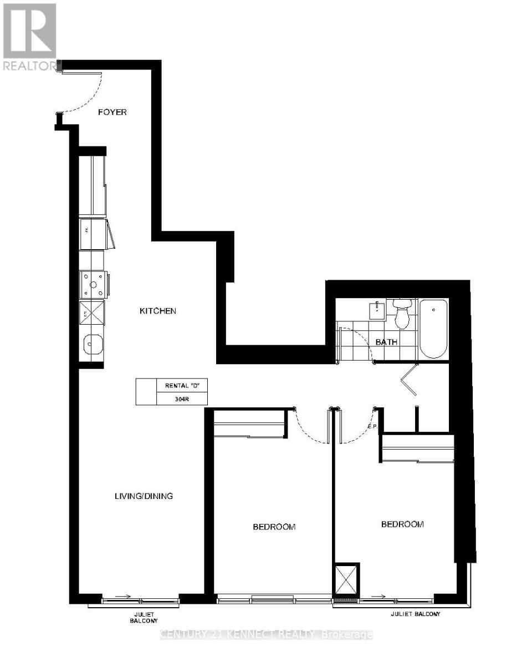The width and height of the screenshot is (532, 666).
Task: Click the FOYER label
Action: (x=112, y=112)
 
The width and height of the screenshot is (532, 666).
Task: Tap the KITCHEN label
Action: (x=157, y=311)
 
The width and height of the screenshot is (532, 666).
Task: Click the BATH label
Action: (x=386, y=342)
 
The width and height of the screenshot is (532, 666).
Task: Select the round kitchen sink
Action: (x=91, y=345)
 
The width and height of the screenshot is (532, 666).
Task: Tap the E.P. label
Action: (x=372, y=427)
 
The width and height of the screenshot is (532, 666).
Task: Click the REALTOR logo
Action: (x=29, y=37)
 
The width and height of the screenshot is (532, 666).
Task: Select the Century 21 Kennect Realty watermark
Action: (x=266, y=634)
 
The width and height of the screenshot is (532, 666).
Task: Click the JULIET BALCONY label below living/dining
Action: (x=142, y=617)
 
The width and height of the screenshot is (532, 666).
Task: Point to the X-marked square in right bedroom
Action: (x=346, y=580)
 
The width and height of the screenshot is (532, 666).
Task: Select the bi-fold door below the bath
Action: (x=409, y=380)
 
